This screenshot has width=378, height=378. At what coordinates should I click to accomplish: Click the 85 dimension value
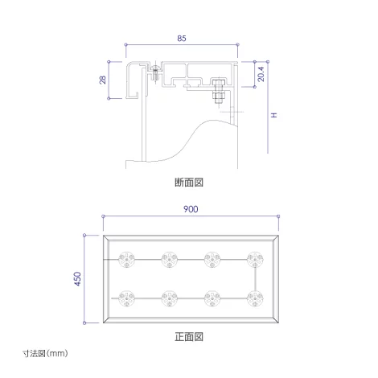(182, 39)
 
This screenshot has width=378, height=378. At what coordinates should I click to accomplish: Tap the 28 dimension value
(103, 80)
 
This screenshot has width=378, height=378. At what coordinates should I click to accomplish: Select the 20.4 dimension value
(261, 74)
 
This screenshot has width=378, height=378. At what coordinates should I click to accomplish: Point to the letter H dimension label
(274, 115)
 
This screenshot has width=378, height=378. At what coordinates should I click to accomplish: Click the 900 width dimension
(191, 209)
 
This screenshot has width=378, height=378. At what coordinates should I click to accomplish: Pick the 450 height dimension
(77, 279)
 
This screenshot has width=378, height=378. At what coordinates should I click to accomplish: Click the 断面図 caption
(189, 183)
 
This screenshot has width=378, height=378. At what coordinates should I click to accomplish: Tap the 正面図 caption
(189, 337)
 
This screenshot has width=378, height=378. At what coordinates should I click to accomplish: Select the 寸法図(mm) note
(45, 353)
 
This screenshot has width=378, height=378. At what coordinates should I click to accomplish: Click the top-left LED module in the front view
(126, 260)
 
